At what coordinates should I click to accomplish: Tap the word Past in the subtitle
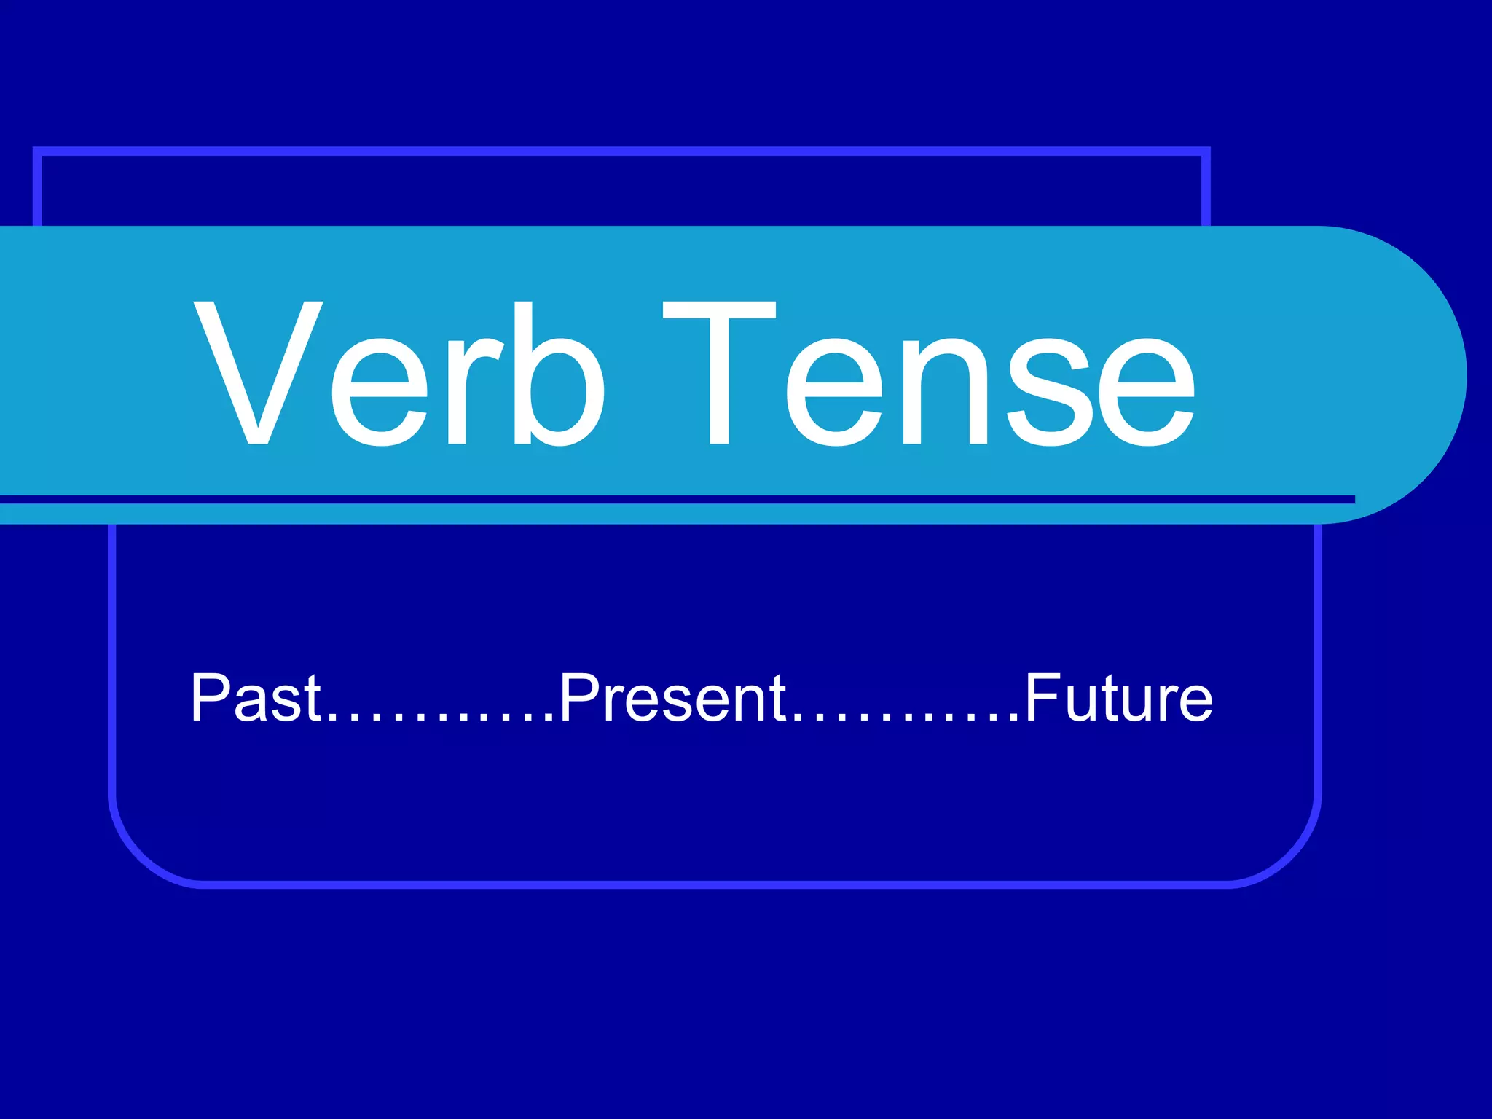[255, 698]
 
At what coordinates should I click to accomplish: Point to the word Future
[1119, 698]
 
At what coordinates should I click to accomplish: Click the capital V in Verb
[259, 373]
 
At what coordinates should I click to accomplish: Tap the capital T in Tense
[719, 373]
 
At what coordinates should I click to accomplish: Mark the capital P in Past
[210, 698]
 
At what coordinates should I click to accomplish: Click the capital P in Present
[578, 698]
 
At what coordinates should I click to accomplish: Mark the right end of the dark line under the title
[1351, 500]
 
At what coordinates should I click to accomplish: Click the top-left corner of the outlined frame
[38, 152]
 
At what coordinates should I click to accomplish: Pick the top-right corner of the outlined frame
[1206, 152]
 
